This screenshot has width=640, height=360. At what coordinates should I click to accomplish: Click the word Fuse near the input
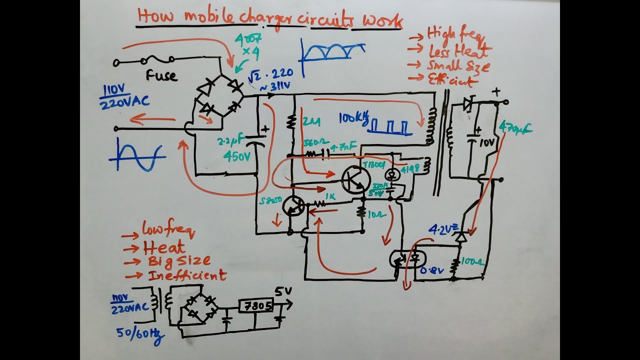[x=161, y=76]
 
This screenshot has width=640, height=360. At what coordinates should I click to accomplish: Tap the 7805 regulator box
[x=255, y=305]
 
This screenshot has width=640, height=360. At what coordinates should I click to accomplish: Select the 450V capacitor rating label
[x=236, y=156]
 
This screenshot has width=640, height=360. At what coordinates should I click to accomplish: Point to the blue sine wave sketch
[x=137, y=155]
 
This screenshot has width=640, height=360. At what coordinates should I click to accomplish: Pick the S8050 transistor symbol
[x=293, y=206]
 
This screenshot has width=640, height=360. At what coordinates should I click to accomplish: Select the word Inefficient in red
[x=187, y=275]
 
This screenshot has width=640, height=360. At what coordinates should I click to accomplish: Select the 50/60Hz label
[x=140, y=334]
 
